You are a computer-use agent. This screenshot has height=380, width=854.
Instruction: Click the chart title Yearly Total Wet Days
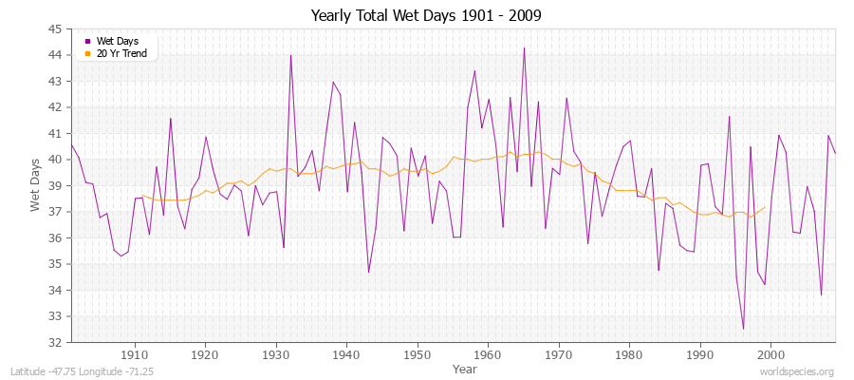tap(427, 16)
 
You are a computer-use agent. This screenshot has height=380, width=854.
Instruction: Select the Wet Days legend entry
tap(116, 41)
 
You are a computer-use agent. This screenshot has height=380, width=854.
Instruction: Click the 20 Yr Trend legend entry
tap(121, 53)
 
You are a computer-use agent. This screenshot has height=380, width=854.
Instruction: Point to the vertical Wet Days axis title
tap(35, 186)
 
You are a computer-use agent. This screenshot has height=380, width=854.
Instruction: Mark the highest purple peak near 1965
tap(524, 47)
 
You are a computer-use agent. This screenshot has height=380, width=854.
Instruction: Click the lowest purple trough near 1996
tap(743, 329)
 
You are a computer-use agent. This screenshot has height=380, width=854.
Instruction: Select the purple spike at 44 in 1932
tap(290, 55)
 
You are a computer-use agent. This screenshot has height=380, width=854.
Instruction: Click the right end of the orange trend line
tap(765, 207)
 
